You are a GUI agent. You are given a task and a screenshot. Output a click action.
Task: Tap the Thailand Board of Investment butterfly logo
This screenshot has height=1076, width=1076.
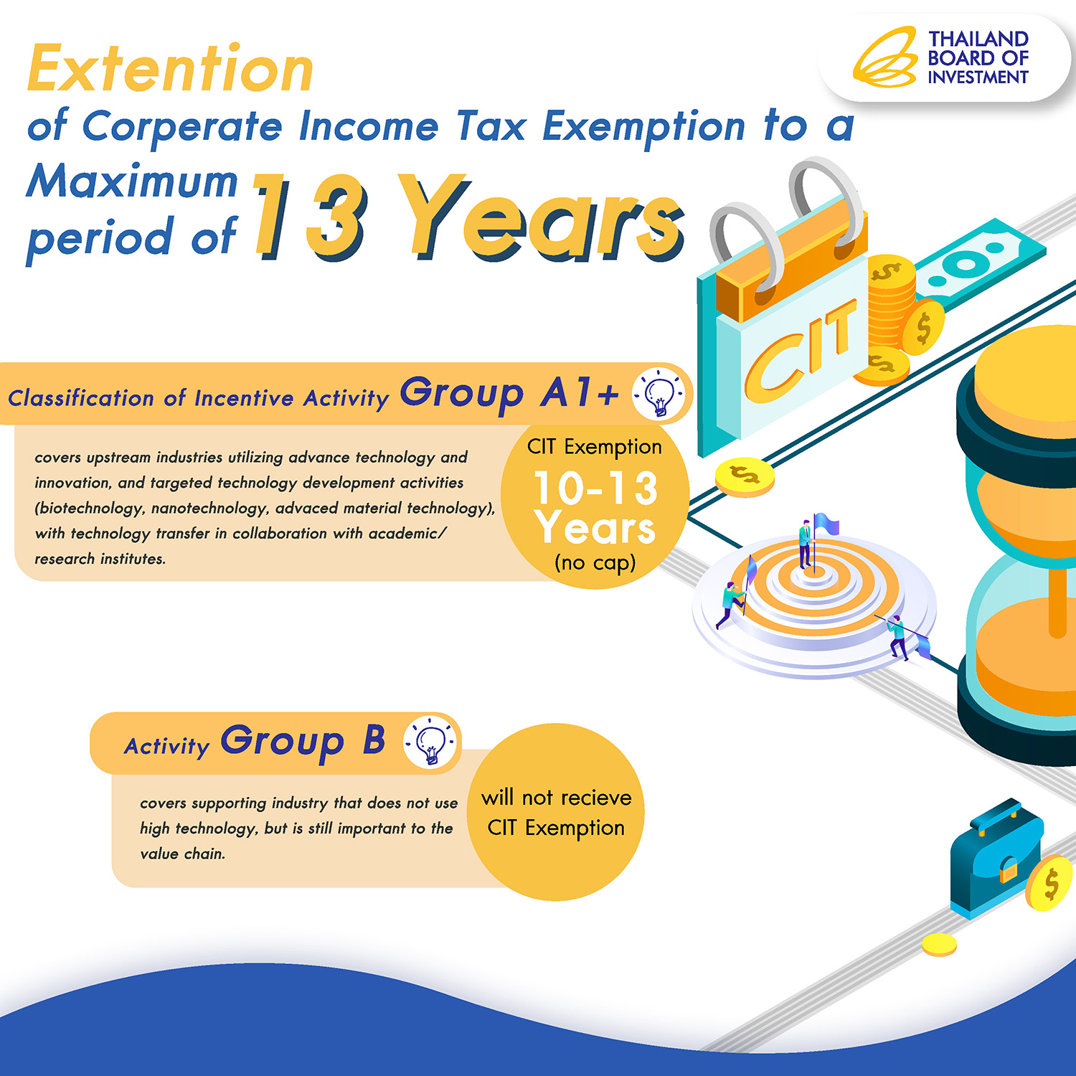click(885, 57)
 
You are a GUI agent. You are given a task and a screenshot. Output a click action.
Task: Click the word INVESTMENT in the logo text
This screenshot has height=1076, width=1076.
click(978, 77)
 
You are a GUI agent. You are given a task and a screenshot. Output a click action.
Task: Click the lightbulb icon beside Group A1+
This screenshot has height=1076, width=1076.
click(659, 393)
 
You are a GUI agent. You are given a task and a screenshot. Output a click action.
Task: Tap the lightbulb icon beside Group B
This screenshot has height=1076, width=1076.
click(430, 742)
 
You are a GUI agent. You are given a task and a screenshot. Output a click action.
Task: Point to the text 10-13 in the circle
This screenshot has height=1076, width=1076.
click(595, 488)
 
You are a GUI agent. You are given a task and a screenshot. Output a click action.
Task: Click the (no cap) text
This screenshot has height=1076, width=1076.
click(595, 562)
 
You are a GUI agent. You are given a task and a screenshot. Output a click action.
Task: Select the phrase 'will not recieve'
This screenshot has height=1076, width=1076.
click(557, 797)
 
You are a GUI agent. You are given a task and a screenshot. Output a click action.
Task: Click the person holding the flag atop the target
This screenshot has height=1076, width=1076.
click(806, 544)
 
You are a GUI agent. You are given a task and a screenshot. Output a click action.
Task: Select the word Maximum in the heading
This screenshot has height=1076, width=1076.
click(133, 181)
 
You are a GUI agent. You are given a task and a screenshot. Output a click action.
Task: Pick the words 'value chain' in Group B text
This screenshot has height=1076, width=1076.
click(183, 854)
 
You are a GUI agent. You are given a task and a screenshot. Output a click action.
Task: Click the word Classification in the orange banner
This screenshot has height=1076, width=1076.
click(81, 398)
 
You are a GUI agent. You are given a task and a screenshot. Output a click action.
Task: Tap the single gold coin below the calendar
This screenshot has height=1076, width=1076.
click(745, 476)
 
